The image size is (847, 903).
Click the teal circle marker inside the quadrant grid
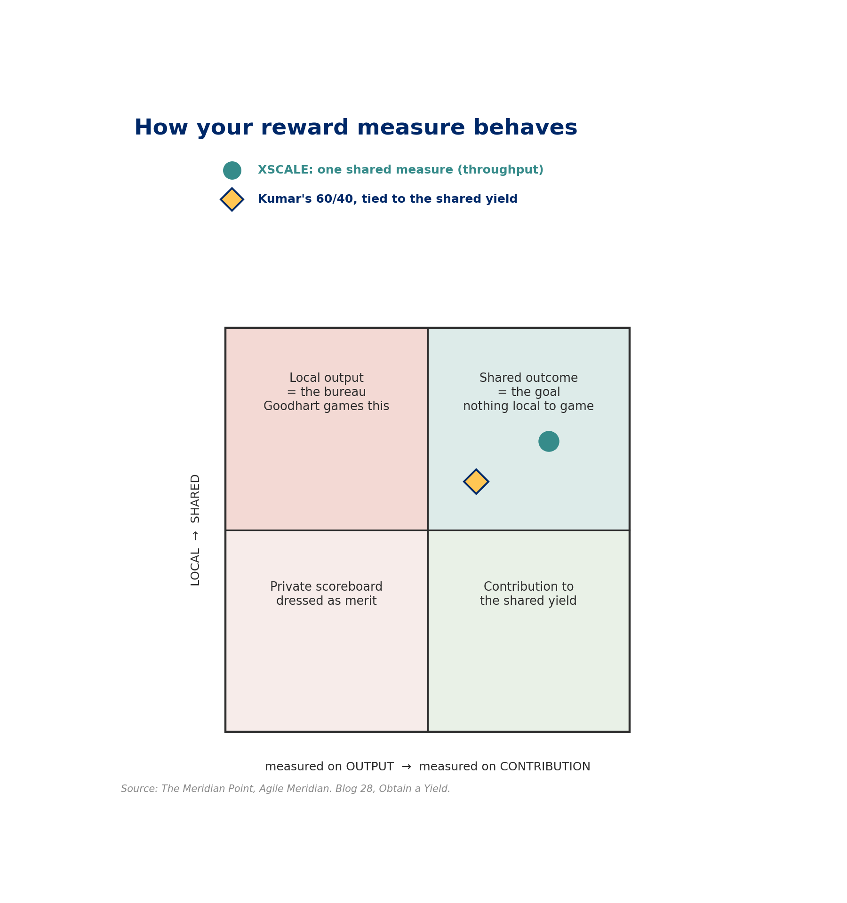pos(549,441)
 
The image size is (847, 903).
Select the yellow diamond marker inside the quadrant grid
pos(476,482)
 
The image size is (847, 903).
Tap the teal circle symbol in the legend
pos(232,170)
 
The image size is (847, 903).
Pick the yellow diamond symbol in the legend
pos(232,199)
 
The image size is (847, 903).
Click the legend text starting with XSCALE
pos(400,170)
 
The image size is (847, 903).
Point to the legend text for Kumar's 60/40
pos(387,199)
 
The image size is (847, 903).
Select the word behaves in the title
pos(525,128)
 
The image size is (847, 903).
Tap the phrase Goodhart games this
pos(326,406)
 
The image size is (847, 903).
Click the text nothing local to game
pos(528,406)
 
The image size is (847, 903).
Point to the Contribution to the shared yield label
pos(528,594)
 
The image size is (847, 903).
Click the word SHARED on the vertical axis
pos(195,498)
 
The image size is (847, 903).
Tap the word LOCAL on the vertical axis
pos(195,567)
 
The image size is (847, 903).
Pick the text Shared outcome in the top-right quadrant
pos(528,378)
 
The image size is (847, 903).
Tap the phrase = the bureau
pos(326,392)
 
